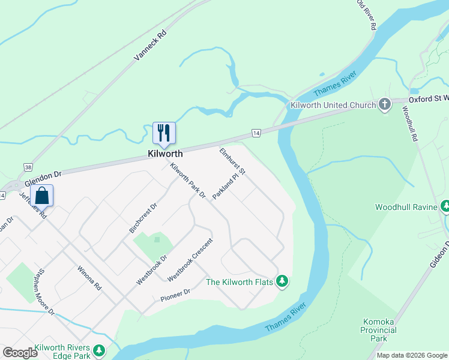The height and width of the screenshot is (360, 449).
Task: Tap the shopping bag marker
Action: click(41, 196)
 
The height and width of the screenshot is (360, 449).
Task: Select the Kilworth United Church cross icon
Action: click(384, 105)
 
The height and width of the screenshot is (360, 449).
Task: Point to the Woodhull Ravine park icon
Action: click(445, 207)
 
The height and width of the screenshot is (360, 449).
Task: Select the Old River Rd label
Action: click(366, 15)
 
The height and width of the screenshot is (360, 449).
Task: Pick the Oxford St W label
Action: click(429, 98)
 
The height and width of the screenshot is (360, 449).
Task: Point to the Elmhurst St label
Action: click(233, 161)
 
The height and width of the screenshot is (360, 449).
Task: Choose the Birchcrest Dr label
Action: click(143, 218)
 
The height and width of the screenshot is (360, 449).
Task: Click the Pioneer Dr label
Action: click(175, 295)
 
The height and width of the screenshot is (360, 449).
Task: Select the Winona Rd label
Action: click(89, 279)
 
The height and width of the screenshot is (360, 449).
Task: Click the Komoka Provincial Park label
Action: click(379, 330)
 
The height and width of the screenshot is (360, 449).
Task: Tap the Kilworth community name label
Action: click(165, 154)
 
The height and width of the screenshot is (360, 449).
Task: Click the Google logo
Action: click(20, 353)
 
